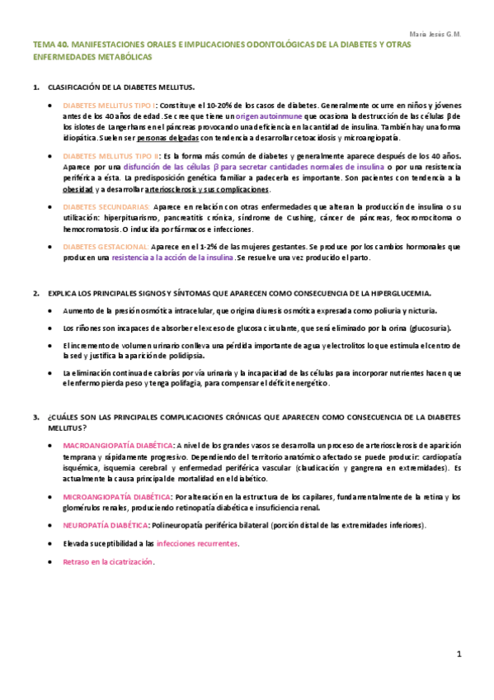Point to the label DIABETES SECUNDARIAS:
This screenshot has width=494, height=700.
pos(106,206)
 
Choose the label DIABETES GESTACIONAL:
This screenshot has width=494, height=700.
pos(106,246)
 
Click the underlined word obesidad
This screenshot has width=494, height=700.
pos(78,188)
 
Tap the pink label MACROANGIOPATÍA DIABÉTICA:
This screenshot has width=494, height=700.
pos(117,446)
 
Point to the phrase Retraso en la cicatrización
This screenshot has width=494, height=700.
pos(108,561)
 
